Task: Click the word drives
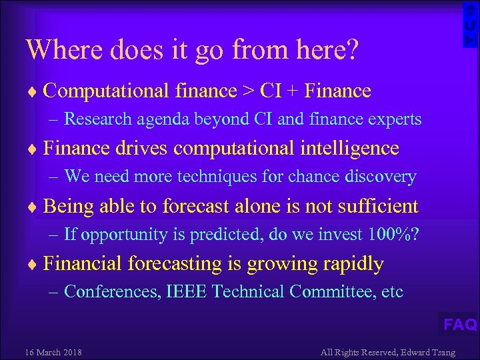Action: [x=138, y=148]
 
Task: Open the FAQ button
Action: [x=460, y=325]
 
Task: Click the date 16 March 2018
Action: [x=53, y=352]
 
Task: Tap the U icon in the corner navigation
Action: [x=471, y=25]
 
